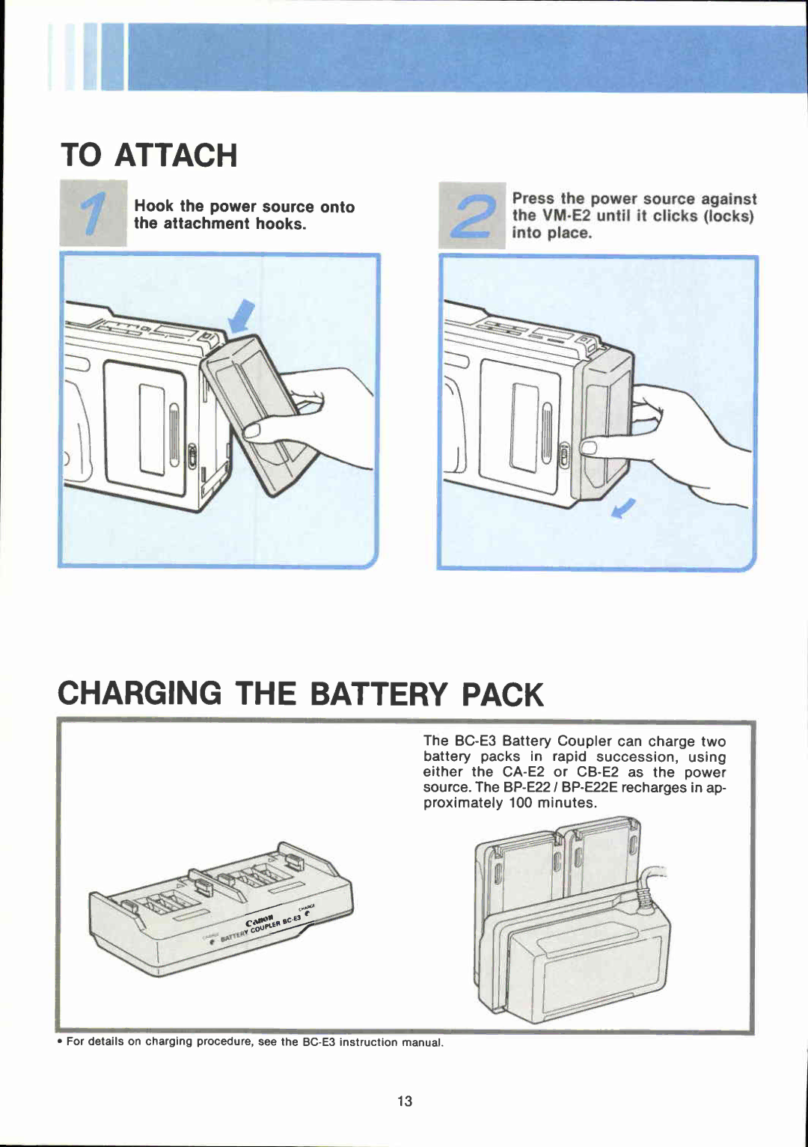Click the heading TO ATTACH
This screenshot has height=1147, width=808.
click(x=149, y=155)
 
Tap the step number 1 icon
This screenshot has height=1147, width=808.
click(x=94, y=213)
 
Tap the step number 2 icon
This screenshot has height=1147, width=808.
click(x=472, y=215)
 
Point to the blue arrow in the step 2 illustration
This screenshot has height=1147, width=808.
click(x=624, y=509)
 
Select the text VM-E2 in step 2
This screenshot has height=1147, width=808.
click(x=566, y=215)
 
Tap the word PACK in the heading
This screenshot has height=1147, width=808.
click(x=502, y=694)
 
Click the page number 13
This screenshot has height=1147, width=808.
click(x=405, y=1101)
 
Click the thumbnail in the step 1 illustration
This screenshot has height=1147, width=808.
click(x=251, y=431)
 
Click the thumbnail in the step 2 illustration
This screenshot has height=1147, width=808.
click(x=589, y=447)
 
